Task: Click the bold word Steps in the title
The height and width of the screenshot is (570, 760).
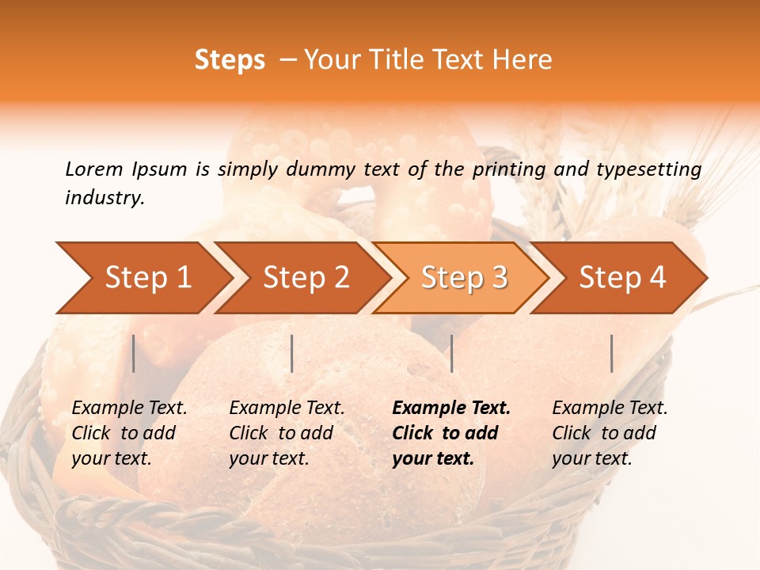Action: coord(230,60)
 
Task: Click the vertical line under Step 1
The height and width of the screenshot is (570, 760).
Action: coord(134,353)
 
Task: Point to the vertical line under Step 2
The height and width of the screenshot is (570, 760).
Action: coord(292,353)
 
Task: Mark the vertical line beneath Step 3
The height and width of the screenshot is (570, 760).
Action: coord(451,353)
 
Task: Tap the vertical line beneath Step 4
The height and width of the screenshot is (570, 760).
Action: coord(611,353)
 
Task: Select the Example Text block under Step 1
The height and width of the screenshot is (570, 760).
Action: coord(128,433)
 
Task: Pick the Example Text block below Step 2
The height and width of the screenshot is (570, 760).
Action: coord(286,433)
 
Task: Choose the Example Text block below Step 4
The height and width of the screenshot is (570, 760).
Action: coord(609,433)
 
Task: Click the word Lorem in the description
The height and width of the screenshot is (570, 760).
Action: coord(94,169)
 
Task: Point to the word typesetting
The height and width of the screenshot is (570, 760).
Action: coord(648,169)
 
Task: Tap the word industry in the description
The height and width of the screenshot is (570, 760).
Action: coord(104,197)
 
